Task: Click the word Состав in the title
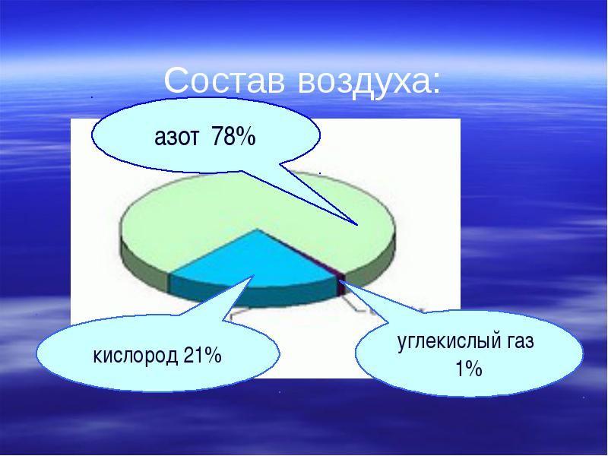(224, 81)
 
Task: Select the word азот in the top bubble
(177, 138)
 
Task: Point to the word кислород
(135, 356)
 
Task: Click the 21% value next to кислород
(202, 354)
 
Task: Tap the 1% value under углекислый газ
(469, 369)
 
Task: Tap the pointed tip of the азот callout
(357, 224)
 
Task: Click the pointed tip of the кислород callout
(254, 275)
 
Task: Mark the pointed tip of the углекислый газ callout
(344, 281)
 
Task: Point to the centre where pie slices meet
(257, 229)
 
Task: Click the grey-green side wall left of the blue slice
(145, 267)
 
